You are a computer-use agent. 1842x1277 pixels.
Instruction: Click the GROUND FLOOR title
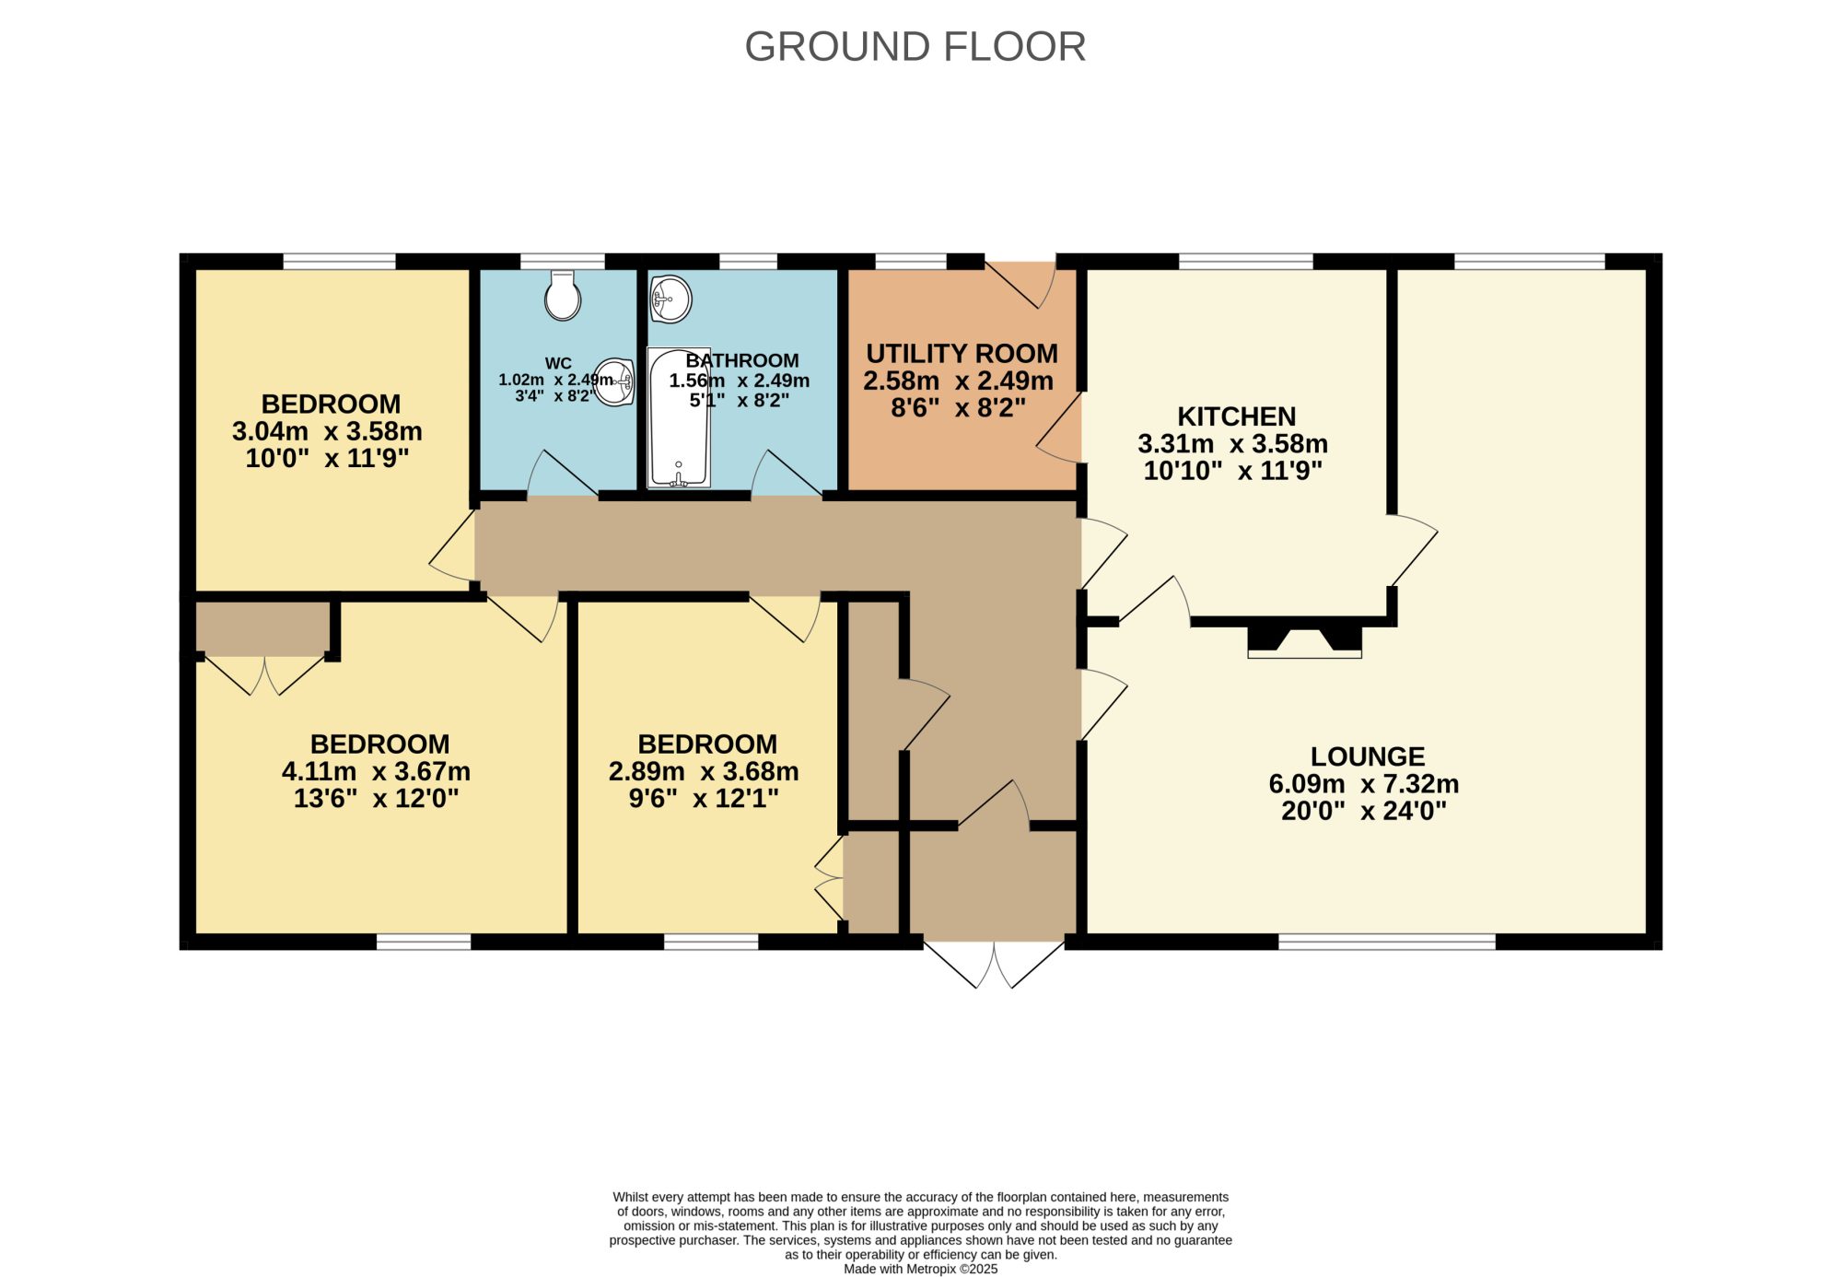[x=915, y=47]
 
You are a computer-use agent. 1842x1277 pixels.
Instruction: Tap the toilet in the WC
[x=563, y=295]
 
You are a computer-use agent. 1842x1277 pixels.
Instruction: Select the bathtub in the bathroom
[x=679, y=417]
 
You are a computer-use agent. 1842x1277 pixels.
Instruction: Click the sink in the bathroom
[x=670, y=299]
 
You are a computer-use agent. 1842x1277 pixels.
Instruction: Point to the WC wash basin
[x=615, y=381]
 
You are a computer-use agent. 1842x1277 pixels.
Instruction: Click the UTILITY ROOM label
[x=962, y=354]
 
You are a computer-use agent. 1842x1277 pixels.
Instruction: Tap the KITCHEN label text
[x=1237, y=416]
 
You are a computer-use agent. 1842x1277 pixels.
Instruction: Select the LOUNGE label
[x=1368, y=756]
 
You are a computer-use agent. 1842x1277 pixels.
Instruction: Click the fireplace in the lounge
[x=1304, y=641]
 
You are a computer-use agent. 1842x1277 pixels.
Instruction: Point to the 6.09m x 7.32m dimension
[x=1364, y=784]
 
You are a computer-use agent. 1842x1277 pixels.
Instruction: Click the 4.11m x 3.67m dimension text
[x=376, y=771]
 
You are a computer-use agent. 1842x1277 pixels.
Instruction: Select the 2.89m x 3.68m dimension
[x=704, y=771]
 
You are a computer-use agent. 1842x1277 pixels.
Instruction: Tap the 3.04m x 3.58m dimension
[x=327, y=431]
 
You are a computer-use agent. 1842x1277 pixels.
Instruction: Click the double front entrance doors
[x=995, y=965]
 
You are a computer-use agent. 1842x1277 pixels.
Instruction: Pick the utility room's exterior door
[x=1021, y=284]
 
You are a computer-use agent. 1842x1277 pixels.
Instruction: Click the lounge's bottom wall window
[x=1387, y=942]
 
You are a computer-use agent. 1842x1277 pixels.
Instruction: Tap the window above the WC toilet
[x=563, y=262]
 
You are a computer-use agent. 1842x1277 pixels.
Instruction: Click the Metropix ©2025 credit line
[x=921, y=1269]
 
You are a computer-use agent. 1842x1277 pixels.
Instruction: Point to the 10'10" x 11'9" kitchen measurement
[x=1233, y=471]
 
